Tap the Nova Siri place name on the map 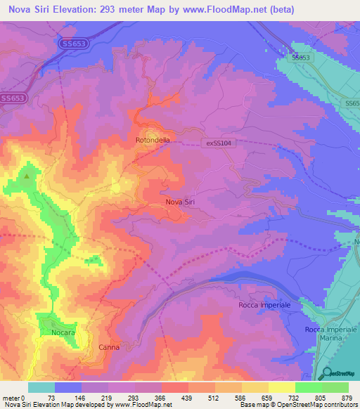coord(180,202)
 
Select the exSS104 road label coord(218,143)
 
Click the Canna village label coord(109,347)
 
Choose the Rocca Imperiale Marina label coord(328,334)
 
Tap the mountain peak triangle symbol coord(27,176)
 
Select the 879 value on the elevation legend coord(348,397)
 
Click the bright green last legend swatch coord(335,387)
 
